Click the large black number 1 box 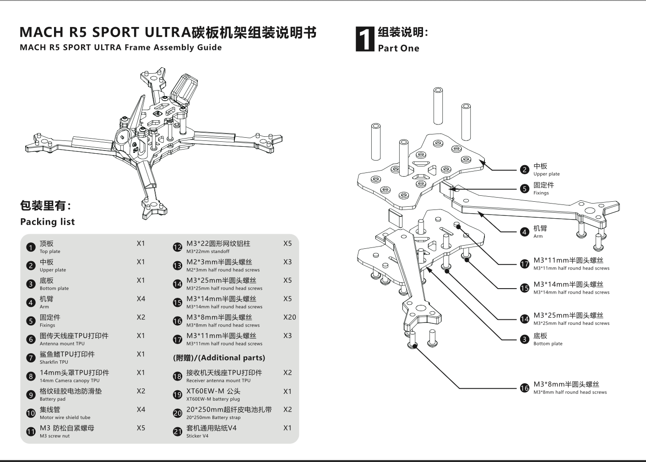click(x=365, y=39)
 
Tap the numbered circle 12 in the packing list click(x=178, y=247)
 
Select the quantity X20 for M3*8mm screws click(x=289, y=317)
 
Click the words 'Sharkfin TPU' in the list click(x=54, y=362)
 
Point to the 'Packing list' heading click(x=47, y=222)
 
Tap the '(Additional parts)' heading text click(x=219, y=358)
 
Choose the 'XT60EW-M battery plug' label click(x=213, y=399)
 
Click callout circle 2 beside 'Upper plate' click(x=525, y=170)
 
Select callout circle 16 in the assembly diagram click(x=525, y=388)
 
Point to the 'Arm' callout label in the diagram click(x=538, y=236)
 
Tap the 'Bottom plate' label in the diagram click(x=548, y=344)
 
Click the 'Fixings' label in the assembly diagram click(x=541, y=193)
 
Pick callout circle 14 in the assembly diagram click(x=525, y=319)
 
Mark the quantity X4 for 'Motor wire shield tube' click(x=141, y=409)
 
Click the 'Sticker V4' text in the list click(x=197, y=436)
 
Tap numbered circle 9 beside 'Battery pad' click(x=31, y=395)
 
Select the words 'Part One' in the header click(x=398, y=48)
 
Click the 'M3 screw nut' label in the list click(x=54, y=436)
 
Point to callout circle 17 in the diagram click(x=525, y=264)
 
